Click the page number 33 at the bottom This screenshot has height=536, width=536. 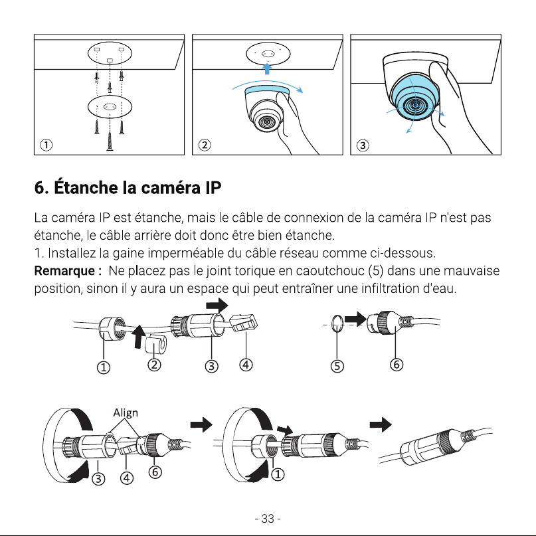click(x=268, y=519)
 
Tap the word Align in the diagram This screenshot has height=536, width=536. click(x=126, y=413)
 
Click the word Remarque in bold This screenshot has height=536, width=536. click(x=64, y=271)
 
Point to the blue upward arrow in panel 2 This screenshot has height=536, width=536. click(x=267, y=68)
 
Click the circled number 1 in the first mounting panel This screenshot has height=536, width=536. click(x=46, y=145)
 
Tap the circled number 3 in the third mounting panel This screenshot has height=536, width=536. click(x=363, y=145)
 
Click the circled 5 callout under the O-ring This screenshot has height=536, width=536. click(x=337, y=366)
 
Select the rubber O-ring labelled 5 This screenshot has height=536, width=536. click(x=337, y=323)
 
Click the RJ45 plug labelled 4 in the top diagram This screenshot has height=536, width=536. click(x=243, y=323)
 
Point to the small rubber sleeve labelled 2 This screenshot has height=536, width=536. click(x=155, y=344)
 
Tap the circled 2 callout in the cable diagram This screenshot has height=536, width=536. click(x=154, y=365)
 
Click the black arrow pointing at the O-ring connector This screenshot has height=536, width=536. click(x=355, y=319)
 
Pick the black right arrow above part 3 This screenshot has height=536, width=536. click(x=217, y=305)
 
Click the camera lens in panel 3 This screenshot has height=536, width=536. click(x=415, y=105)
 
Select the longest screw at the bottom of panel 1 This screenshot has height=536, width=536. click(x=110, y=141)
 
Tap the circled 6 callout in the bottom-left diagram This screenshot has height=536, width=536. click(x=155, y=472)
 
